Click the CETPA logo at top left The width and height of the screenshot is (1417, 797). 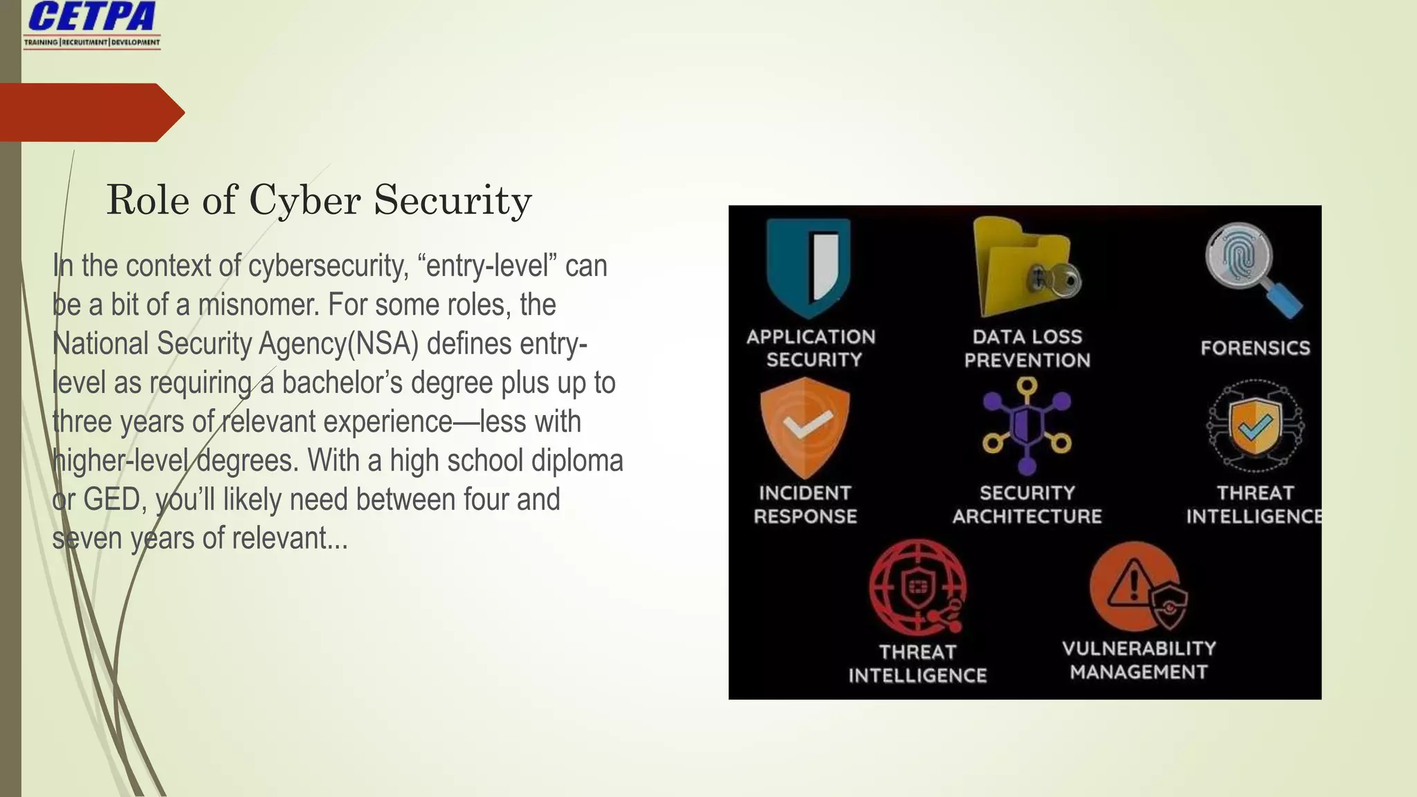coord(92,24)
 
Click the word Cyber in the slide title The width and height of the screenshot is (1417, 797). coord(304,201)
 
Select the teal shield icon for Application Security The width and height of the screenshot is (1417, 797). coord(809,266)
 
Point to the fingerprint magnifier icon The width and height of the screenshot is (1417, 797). coord(1251,270)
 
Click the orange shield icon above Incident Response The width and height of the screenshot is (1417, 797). coord(805,426)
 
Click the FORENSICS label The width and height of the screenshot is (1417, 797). coord(1255,348)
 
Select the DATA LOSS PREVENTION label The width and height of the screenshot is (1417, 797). coord(1027,348)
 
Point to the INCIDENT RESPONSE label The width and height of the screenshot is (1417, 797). coord(805,504)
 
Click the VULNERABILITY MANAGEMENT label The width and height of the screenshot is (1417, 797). coord(1139,660)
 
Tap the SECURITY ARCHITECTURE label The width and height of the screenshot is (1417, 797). coord(1027,504)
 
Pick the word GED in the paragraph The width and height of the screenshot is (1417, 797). coord(111,500)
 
